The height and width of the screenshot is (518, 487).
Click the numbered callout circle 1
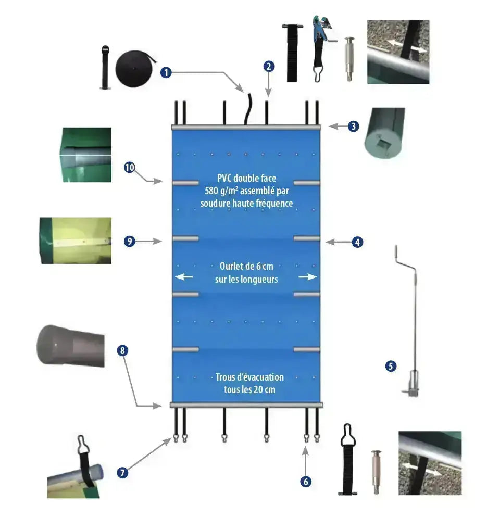[x=166, y=72]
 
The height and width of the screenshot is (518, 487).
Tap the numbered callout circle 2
[x=269, y=66]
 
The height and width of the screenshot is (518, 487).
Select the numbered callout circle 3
[x=354, y=126]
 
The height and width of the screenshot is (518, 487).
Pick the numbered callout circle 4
[x=357, y=242]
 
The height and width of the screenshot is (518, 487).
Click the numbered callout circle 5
[x=391, y=366]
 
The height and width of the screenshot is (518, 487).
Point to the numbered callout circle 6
[x=306, y=482]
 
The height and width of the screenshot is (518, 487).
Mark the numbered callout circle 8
[x=122, y=350]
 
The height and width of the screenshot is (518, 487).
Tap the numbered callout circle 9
[x=130, y=241]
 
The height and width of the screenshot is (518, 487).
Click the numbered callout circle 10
[x=130, y=167]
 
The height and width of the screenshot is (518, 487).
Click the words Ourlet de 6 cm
[x=246, y=267]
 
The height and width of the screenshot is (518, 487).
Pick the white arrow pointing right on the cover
[x=308, y=277]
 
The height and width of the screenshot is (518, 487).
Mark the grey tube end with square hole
[x=386, y=132]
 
